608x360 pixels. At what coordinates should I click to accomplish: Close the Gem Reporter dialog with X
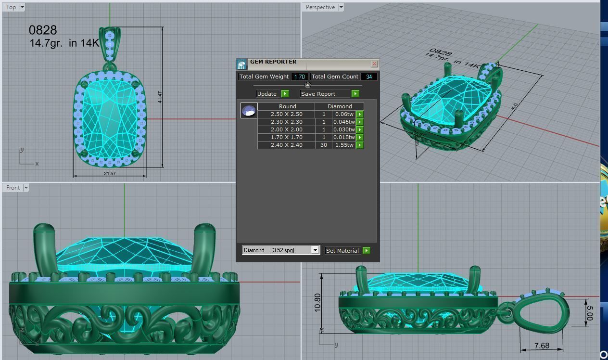[x=375, y=64]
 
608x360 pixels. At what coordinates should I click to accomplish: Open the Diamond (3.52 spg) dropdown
[x=315, y=250]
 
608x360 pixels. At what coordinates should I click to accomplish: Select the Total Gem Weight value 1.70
[x=299, y=77]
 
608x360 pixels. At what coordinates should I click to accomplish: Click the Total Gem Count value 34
[x=368, y=77]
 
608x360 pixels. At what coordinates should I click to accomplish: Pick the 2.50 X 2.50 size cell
[x=286, y=114]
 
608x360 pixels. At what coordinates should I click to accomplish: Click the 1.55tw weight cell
[x=344, y=145]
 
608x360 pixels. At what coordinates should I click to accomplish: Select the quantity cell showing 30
[x=323, y=145]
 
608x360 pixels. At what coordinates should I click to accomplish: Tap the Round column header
[x=287, y=106]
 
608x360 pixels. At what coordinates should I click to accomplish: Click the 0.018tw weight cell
[x=344, y=137]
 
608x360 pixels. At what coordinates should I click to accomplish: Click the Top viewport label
[x=11, y=7]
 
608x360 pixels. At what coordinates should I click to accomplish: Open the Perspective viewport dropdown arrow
[x=341, y=7]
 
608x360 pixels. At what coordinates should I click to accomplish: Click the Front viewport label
[x=13, y=188]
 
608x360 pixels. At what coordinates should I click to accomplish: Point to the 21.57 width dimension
[x=109, y=173]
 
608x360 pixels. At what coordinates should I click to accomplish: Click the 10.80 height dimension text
[x=317, y=303]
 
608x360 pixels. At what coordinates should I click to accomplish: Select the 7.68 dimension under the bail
[x=542, y=346]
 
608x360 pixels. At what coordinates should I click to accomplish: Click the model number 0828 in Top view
[x=43, y=30]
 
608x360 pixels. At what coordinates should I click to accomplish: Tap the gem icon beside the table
[x=249, y=111]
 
